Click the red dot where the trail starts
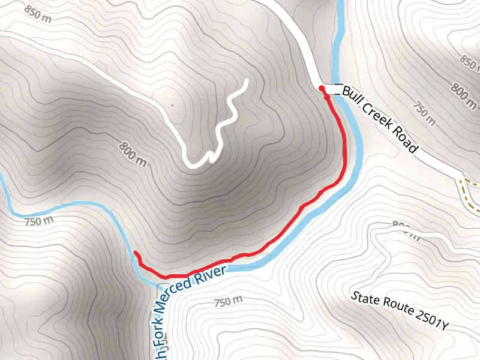(x=322, y=89)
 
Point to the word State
(x=364, y=299)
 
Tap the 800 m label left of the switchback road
(x=133, y=154)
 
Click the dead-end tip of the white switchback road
(x=247, y=80)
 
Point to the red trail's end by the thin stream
(x=134, y=253)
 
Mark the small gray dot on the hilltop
(x=172, y=105)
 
